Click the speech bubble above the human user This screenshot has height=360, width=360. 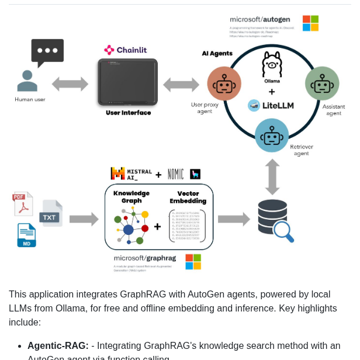point(47,52)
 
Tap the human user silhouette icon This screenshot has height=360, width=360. point(27,81)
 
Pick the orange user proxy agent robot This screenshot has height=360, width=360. point(224,84)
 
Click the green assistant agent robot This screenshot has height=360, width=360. point(322,83)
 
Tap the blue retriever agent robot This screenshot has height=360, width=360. point(272,135)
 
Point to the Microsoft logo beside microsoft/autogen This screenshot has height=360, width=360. point(310,23)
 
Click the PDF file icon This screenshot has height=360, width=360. point(22,204)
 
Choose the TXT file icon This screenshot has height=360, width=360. point(51,213)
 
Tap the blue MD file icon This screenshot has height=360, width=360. point(26,235)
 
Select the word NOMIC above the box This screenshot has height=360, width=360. point(175,174)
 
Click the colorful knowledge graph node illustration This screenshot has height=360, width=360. point(131,226)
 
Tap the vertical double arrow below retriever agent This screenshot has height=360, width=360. point(272,176)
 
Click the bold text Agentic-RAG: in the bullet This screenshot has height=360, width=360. point(58,345)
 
